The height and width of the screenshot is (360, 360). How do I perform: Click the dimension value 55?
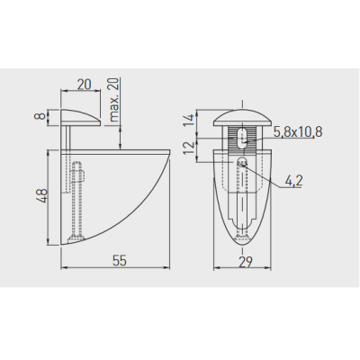point(120,260)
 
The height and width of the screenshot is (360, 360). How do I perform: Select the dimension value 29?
point(246,262)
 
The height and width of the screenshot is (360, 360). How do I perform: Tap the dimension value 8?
point(42,115)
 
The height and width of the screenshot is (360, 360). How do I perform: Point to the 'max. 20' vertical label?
point(114,99)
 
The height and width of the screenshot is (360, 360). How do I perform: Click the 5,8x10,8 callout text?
point(298,131)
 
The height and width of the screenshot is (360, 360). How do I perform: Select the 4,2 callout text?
point(293,181)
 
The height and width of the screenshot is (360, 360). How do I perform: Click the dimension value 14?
point(189,121)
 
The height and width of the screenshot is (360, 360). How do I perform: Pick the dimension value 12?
point(189,148)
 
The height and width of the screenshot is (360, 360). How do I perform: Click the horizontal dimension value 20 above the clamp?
point(84,85)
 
